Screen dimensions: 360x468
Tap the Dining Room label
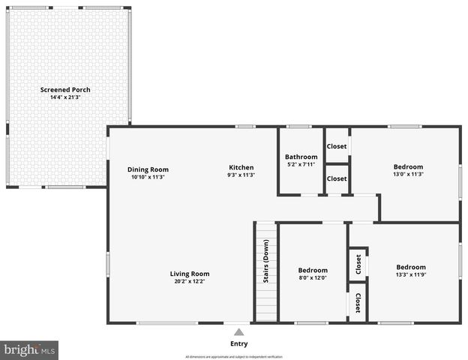148,169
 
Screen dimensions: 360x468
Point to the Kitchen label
241,167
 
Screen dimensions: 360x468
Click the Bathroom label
301,156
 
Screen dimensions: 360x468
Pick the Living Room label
189,274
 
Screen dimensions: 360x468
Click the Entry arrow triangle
238,331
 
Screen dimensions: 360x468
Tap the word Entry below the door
238,343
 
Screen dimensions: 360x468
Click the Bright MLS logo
30,350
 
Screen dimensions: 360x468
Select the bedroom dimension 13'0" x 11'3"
409,174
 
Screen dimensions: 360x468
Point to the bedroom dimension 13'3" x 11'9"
411,274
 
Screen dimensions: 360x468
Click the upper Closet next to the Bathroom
337,147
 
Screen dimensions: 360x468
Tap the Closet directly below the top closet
337,178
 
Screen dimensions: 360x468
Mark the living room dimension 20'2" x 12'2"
189,282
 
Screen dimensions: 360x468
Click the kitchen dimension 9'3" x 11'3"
241,175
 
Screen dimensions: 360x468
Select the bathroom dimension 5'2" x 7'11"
301,164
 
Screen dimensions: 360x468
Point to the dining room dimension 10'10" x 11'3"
148,177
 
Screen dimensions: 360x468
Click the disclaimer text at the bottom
238,356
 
